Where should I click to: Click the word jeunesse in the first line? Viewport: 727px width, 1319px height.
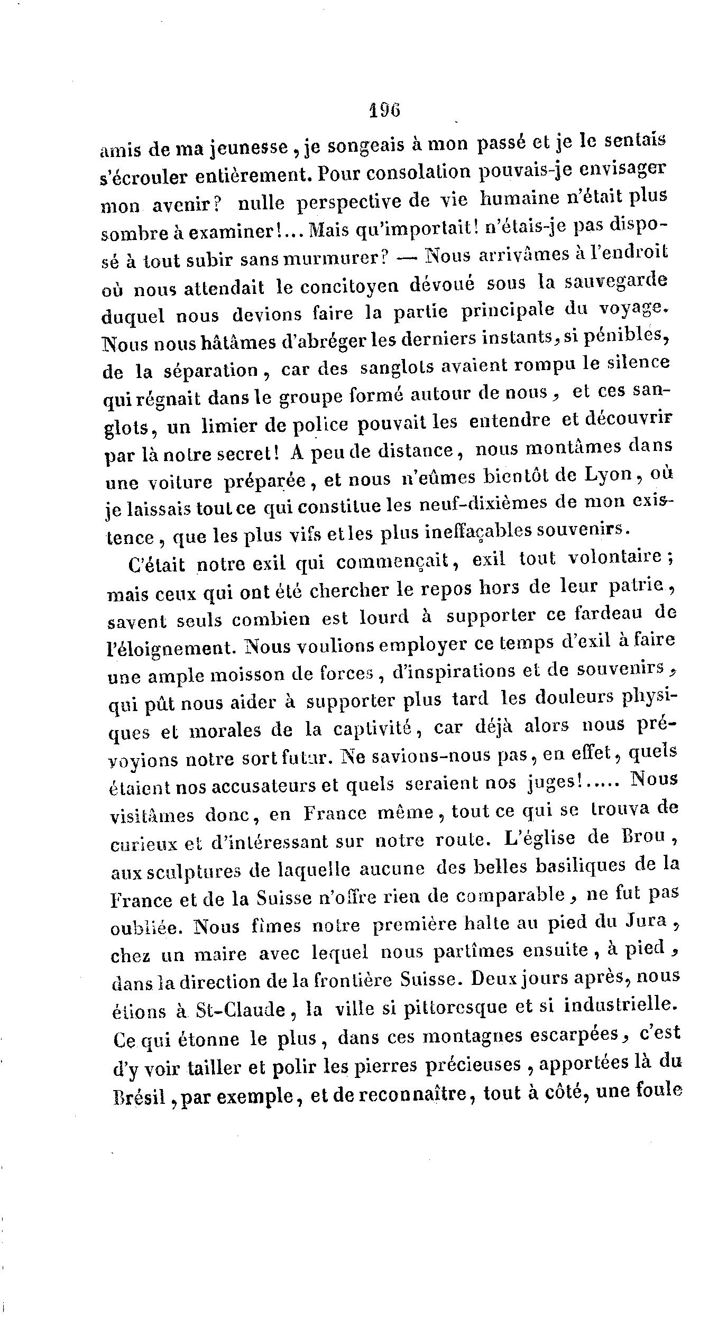pos(230,148)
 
